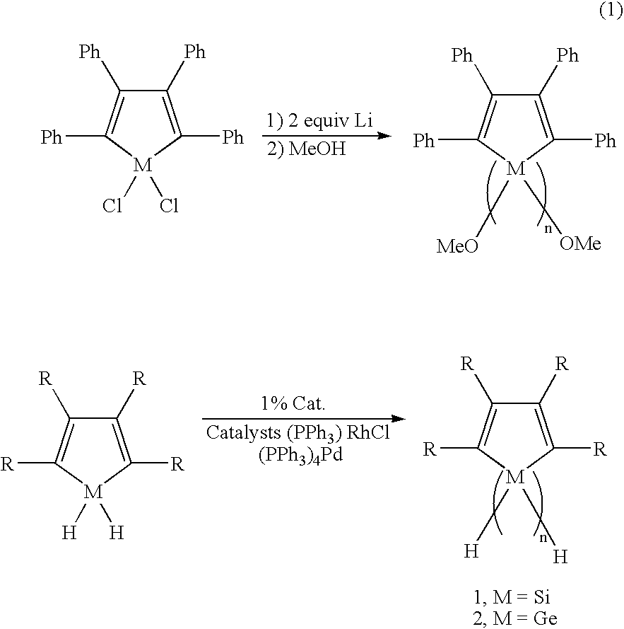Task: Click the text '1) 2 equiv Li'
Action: [x=320, y=120]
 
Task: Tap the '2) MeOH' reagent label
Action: [x=306, y=149]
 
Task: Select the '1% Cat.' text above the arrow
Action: [x=293, y=403]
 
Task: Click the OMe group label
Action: [x=580, y=243]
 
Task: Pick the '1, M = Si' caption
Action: [x=512, y=598]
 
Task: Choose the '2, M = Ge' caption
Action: [x=515, y=618]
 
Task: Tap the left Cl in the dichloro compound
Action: [x=112, y=206]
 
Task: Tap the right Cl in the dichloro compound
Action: [x=169, y=206]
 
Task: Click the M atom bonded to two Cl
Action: [x=142, y=164]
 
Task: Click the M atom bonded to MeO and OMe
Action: [x=515, y=169]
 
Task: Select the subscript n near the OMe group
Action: [x=548, y=229]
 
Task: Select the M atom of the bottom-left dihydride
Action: [x=93, y=492]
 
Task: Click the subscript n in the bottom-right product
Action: [x=543, y=538]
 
